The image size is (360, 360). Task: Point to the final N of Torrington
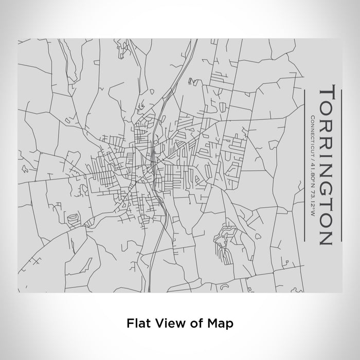tap(327, 235)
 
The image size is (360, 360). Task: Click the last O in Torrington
tap(327, 220)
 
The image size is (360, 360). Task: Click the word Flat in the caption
tap(136, 323)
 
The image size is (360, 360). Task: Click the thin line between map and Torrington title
tap(305, 165)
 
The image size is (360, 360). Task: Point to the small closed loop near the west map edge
tap(24, 168)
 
